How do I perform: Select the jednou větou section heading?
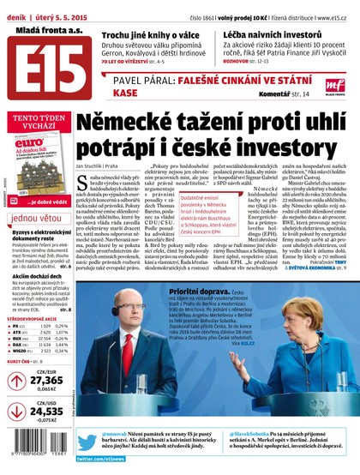(x=37, y=218)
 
